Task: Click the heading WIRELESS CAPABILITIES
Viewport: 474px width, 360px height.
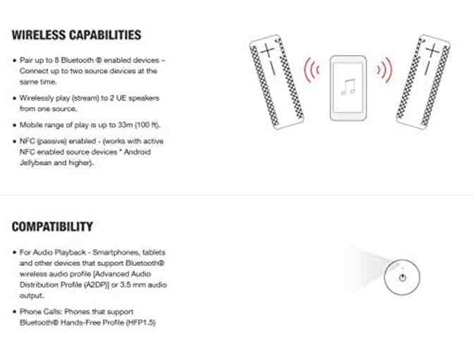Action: pos(76,35)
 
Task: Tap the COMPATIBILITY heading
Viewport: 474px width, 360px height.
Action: pos(52,227)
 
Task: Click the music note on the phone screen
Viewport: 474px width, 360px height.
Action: pos(348,87)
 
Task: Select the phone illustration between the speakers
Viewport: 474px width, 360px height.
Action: pos(348,88)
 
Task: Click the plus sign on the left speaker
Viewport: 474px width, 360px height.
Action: pos(267,50)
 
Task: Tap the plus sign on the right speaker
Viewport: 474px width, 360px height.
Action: pos(432,49)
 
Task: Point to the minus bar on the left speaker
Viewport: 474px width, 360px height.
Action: pos(272,68)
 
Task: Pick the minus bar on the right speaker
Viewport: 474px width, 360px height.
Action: pos(427,66)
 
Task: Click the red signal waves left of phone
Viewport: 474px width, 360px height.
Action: pos(312,70)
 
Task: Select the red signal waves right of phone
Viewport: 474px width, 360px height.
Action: pos(385,70)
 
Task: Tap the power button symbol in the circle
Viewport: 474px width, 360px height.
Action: pos(402,277)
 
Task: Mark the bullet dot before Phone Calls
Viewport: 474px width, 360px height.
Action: pos(14,312)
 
